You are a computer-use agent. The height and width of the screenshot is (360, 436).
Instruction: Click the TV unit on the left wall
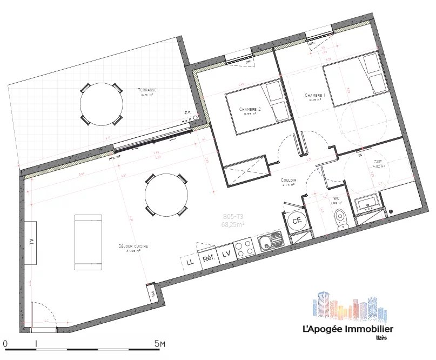31,242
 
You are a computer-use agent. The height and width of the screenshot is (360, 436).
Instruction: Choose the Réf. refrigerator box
208,258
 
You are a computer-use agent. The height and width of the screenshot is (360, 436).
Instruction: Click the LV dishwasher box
226,253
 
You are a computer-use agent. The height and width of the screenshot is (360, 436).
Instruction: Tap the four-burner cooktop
245,248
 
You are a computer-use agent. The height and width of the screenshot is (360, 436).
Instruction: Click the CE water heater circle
297,220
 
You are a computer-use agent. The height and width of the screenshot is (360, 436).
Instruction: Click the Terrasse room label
147,90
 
